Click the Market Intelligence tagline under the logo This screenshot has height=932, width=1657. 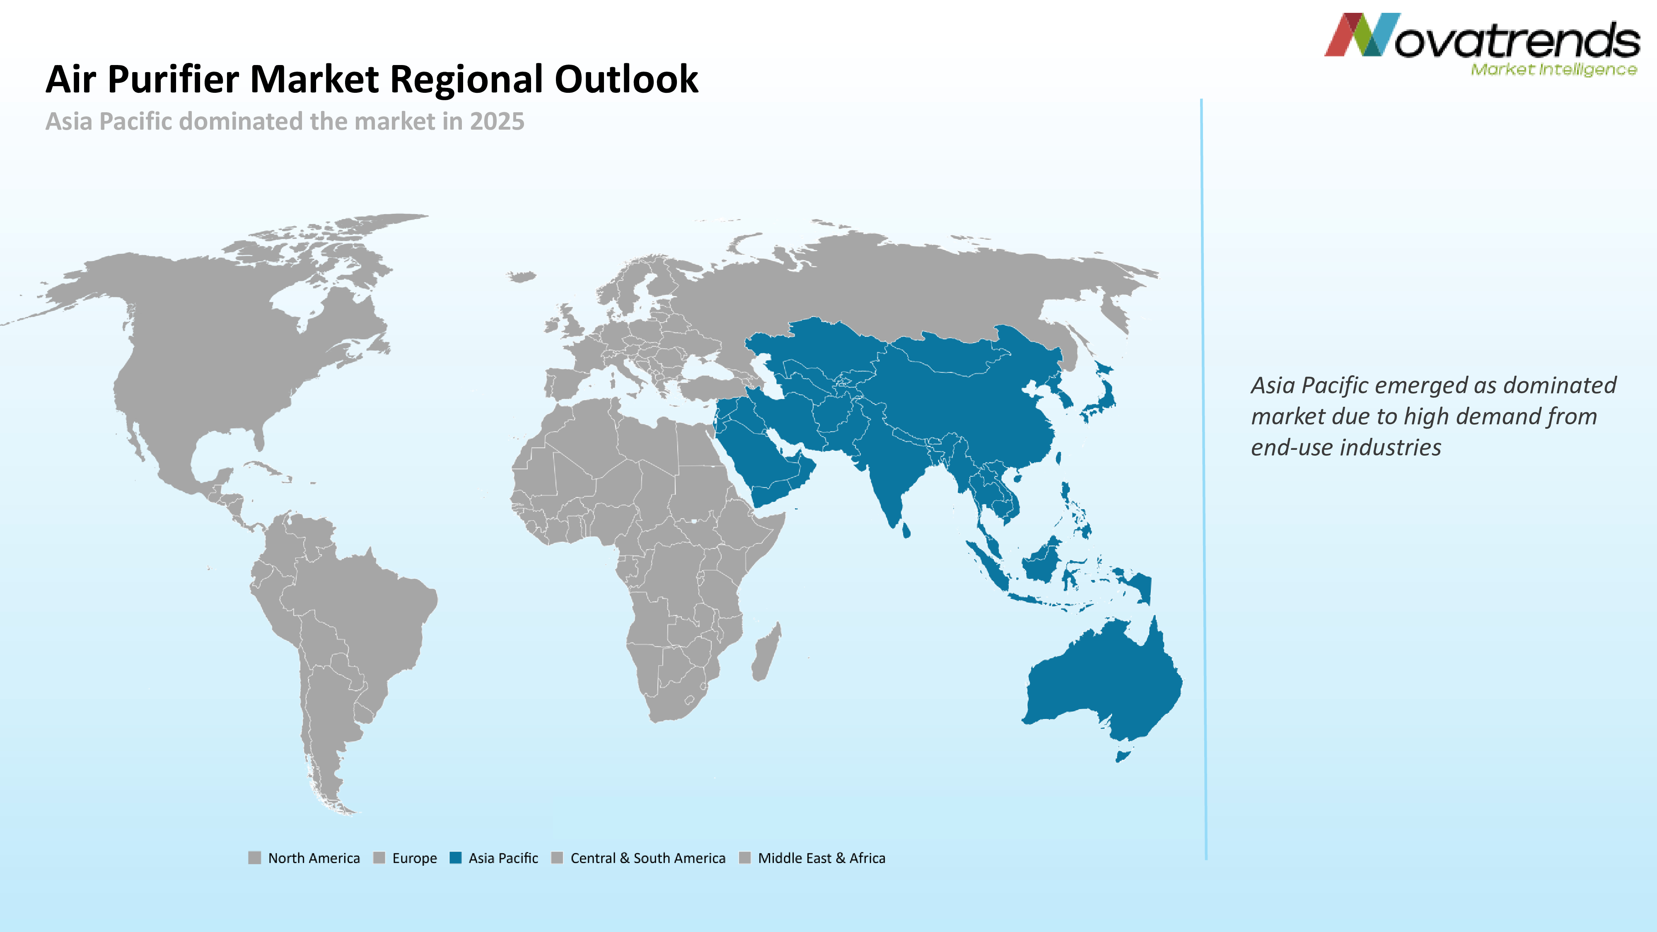(1553, 70)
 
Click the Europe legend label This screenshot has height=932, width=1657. (414, 858)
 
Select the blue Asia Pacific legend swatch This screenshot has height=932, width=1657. (455, 857)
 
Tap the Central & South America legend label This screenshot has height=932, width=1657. (648, 858)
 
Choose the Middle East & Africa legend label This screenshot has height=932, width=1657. (821, 858)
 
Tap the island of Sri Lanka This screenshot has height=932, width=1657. (906, 531)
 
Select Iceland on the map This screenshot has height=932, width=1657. (522, 277)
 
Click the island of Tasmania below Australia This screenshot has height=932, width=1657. (1123, 756)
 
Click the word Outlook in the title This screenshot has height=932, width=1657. (626, 80)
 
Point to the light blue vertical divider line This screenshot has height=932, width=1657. (1203, 479)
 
